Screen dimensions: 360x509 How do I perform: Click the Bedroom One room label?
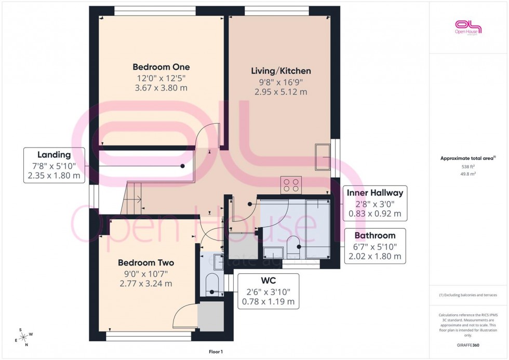[x=161, y=67]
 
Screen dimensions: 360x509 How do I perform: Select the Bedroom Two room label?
[x=146, y=263]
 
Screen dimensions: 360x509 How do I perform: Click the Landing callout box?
[x=54, y=165]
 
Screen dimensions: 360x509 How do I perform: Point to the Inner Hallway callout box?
[x=374, y=203]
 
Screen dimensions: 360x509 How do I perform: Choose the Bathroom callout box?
[x=374, y=246]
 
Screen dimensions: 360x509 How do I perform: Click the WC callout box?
[x=269, y=291]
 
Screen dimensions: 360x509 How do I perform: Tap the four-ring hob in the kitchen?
[x=291, y=185]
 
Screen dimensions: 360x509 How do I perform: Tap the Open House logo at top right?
[x=468, y=27]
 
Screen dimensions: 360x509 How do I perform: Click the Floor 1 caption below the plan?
[x=215, y=352]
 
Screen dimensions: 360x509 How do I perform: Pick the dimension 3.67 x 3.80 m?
[x=161, y=88]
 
